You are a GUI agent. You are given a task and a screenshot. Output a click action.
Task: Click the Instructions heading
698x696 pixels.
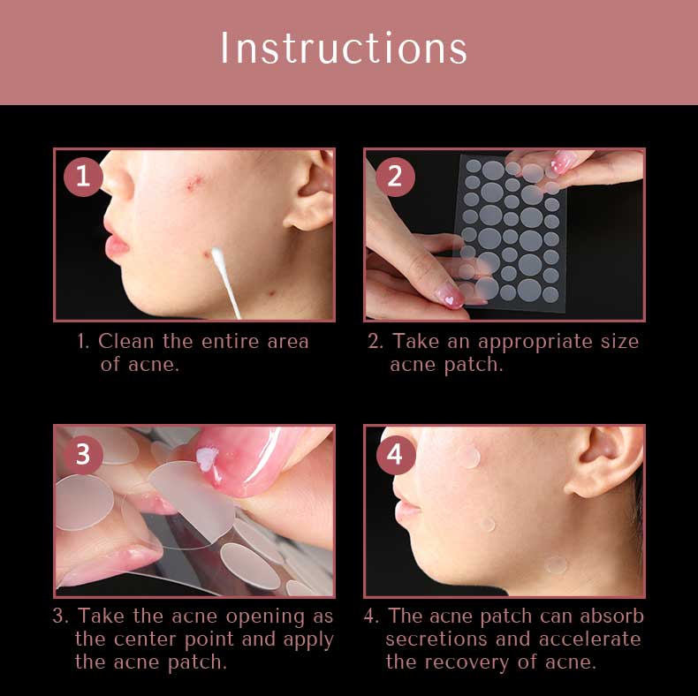[x=344, y=48]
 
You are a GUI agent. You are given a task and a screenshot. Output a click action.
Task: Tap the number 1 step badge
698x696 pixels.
[x=83, y=177]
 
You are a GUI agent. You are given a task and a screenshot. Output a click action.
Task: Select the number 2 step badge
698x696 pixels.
[x=395, y=177]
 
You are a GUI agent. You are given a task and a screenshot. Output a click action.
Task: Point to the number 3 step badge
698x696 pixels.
[x=83, y=454]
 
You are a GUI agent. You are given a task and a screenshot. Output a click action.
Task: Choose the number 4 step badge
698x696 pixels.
[x=396, y=454]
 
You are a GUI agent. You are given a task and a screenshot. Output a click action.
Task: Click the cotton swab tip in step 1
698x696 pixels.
[x=217, y=255]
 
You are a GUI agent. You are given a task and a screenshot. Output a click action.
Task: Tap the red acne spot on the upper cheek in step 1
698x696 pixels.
[x=194, y=182]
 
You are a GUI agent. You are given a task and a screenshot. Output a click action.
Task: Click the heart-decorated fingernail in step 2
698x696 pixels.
[x=450, y=296]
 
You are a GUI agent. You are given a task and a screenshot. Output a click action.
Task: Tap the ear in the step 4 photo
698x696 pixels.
[x=605, y=461]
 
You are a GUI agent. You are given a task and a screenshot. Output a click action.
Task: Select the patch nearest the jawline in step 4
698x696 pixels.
[x=556, y=564]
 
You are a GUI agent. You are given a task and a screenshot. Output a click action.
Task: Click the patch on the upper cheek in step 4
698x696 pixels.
[x=469, y=457]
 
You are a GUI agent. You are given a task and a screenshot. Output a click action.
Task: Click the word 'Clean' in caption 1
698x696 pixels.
[x=126, y=341]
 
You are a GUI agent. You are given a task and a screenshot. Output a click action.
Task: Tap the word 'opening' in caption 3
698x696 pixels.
[x=265, y=617]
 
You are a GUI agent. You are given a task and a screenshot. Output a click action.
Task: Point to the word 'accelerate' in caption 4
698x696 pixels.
[x=590, y=639]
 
